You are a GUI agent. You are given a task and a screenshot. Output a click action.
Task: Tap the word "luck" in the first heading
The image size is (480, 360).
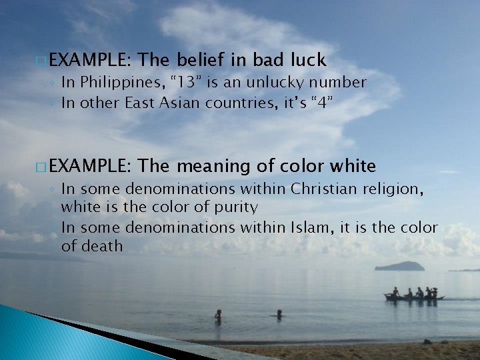307,61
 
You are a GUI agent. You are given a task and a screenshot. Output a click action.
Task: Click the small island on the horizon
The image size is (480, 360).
399,266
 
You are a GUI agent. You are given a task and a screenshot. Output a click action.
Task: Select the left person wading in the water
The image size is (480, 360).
218,314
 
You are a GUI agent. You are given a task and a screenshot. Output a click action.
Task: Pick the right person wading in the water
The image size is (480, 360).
279,313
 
